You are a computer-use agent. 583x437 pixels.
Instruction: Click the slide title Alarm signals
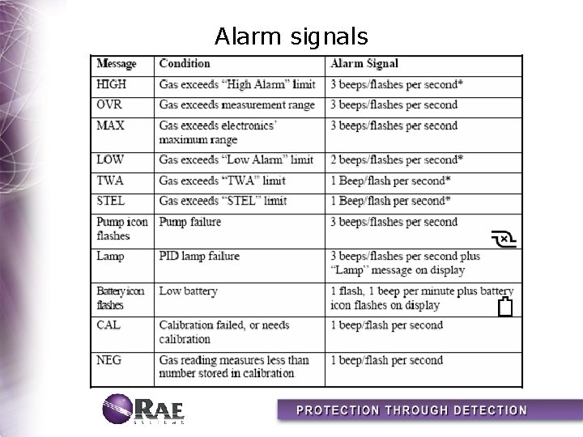pyautogui.click(x=291, y=36)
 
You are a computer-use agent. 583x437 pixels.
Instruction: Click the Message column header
pyautogui.click(x=117, y=63)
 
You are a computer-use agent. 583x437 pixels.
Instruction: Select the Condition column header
pyautogui.click(x=185, y=63)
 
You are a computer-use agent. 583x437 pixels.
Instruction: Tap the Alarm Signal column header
pyautogui.click(x=364, y=63)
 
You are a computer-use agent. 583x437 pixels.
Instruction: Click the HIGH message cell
pyautogui.click(x=112, y=84)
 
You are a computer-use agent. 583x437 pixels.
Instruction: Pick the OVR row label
pyautogui.click(x=109, y=105)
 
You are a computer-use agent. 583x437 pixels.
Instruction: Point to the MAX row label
pyautogui.click(x=110, y=126)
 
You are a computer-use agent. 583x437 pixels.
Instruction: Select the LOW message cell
pyautogui.click(x=110, y=160)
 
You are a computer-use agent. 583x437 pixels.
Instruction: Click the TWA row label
pyautogui.click(x=110, y=180)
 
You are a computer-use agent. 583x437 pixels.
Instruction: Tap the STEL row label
pyautogui.click(x=112, y=201)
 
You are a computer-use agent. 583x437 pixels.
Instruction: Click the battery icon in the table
pyautogui.click(x=506, y=307)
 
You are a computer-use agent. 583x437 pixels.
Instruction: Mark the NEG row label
pyautogui.click(x=109, y=360)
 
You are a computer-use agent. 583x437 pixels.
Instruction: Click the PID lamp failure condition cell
pyautogui.click(x=199, y=257)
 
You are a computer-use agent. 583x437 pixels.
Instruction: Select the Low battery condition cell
pyautogui.click(x=188, y=291)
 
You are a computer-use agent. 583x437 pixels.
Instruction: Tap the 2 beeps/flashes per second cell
pyautogui.click(x=395, y=160)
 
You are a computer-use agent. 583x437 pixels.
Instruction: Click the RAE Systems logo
pyautogui.click(x=144, y=409)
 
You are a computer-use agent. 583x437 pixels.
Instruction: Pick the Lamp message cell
pyautogui.click(x=110, y=257)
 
